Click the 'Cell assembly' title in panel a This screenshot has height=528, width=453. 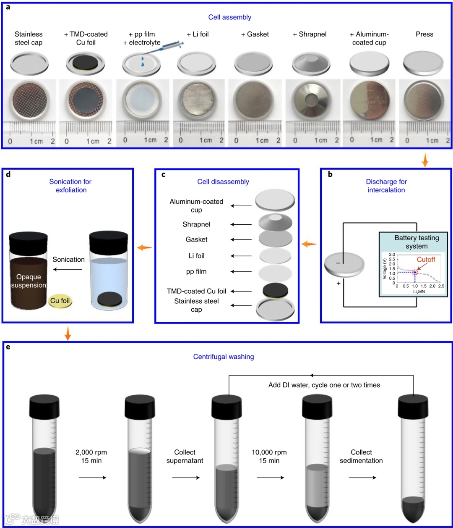tap(229, 17)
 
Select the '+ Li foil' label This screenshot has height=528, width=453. tap(198, 34)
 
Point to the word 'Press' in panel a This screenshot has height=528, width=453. tap(424, 34)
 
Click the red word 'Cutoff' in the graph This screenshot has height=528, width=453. tap(426, 260)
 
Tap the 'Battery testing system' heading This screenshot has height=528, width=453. tap(417, 242)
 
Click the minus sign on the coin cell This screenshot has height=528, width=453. tap(338, 263)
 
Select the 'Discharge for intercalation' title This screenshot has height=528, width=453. tap(386, 186)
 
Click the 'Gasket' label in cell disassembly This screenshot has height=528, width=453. tap(196, 239)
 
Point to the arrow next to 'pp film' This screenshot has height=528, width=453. tap(241, 272)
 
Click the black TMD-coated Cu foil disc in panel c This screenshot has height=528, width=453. tap(275, 290)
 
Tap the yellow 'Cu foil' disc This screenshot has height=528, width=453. tap(60, 301)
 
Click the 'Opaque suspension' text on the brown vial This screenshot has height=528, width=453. tap(29, 281)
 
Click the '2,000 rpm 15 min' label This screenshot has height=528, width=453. tap(91, 456)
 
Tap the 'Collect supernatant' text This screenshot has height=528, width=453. tap(185, 456)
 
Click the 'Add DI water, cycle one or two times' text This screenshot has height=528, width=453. tap(324, 385)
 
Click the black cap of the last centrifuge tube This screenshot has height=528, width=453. tap(413, 406)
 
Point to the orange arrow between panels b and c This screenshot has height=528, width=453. tap(309, 244)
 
